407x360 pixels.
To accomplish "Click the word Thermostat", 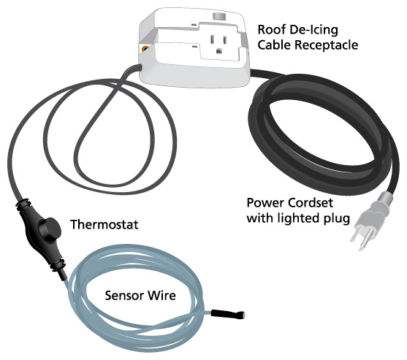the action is [104, 225].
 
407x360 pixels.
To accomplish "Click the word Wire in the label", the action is [161, 296].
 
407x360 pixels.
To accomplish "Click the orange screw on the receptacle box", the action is [145, 48].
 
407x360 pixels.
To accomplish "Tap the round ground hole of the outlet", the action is [219, 50].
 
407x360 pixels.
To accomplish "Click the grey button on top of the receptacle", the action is [218, 16].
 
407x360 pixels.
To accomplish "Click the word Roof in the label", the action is [270, 29].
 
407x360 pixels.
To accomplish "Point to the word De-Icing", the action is [312, 30].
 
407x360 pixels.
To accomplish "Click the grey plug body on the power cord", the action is [374, 215].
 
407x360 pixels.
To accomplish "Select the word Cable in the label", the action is [275, 45].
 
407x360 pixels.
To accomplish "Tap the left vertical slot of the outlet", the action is [212, 39].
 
